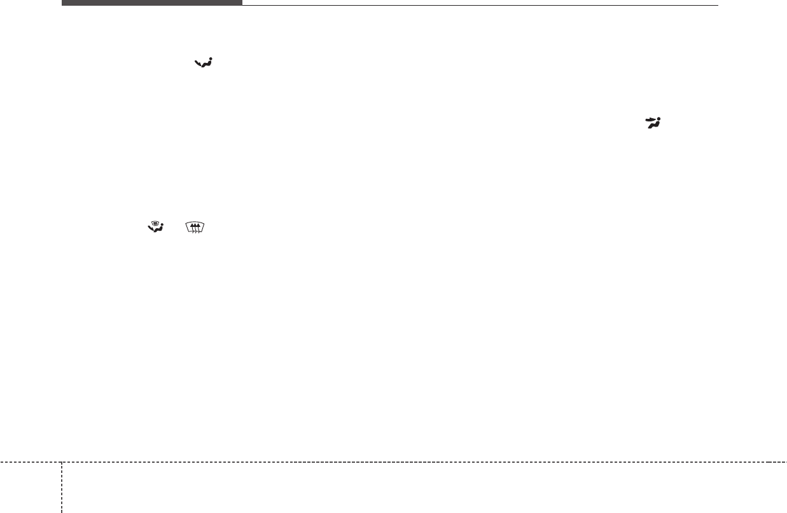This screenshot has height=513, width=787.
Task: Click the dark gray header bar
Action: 151,3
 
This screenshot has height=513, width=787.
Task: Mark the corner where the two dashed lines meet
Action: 62,462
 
